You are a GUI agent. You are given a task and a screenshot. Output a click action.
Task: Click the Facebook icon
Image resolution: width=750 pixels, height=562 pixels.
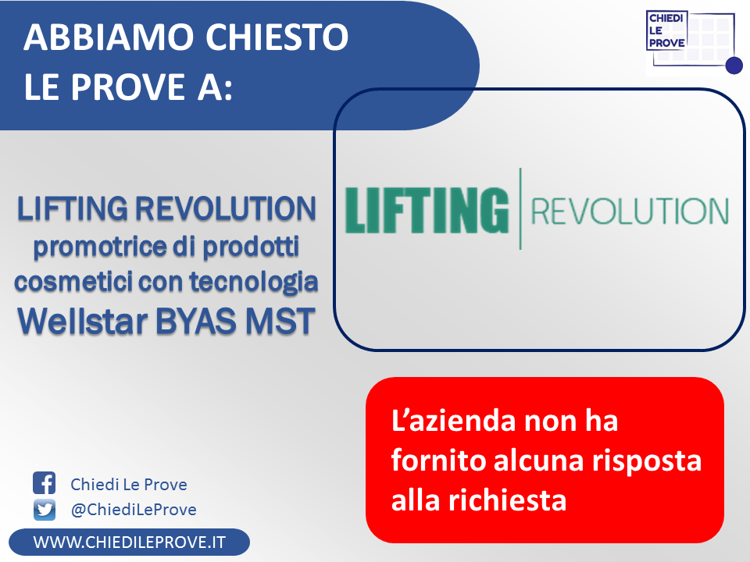(x=44, y=482)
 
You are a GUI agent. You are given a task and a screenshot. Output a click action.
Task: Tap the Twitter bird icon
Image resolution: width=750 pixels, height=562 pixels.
(x=44, y=510)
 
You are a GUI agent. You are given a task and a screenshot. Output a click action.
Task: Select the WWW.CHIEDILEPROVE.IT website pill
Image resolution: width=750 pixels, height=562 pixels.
(x=129, y=542)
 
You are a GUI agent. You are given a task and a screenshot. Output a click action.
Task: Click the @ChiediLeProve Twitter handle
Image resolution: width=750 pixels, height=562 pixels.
(x=134, y=510)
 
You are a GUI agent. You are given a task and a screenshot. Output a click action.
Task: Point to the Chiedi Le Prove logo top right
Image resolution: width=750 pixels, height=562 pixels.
(x=694, y=42)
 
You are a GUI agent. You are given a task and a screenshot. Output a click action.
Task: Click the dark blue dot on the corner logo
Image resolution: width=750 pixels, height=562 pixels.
(x=734, y=66)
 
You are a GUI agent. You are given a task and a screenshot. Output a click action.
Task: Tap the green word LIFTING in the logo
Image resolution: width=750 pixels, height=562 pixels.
(x=427, y=210)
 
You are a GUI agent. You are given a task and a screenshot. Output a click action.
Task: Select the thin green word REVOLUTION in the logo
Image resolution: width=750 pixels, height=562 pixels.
(x=630, y=211)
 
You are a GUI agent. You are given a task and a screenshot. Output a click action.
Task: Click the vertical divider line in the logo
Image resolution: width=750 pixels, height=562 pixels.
(x=520, y=208)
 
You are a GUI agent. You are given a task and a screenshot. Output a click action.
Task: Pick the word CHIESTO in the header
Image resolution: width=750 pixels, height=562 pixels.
(x=277, y=37)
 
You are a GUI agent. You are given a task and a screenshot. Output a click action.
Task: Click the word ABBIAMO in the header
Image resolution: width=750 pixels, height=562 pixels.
(x=108, y=37)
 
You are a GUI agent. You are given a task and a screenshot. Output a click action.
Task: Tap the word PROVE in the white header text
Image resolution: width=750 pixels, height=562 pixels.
(x=128, y=87)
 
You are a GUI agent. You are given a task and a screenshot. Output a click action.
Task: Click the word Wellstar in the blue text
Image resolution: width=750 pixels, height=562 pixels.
(x=82, y=321)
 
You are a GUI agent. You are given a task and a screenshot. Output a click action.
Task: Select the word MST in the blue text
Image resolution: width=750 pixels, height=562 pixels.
(x=280, y=321)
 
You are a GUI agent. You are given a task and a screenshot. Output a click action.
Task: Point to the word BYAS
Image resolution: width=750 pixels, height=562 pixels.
(x=195, y=321)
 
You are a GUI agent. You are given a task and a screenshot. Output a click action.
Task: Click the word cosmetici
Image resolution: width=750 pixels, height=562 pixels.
(x=73, y=282)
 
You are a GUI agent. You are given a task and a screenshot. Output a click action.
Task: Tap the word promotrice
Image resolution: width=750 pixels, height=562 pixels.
(x=99, y=247)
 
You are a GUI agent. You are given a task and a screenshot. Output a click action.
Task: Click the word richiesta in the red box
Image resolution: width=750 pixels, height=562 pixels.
(x=507, y=500)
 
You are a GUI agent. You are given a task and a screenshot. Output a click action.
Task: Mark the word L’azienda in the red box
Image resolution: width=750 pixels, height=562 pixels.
(x=453, y=421)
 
